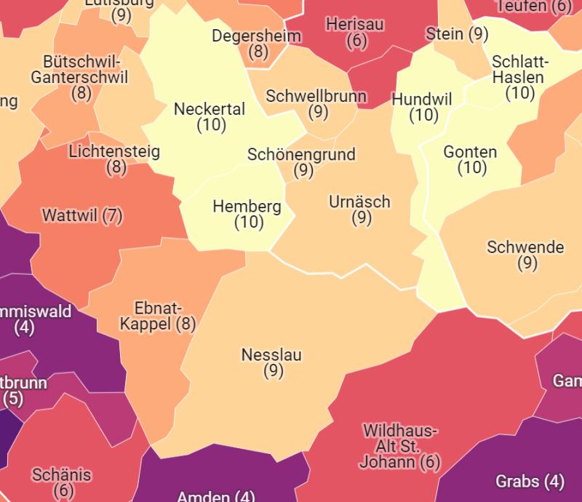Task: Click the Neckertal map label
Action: pyautogui.click(x=210, y=110)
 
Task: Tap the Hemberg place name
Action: pyautogui.click(x=247, y=207)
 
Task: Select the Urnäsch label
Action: pyautogui.click(x=359, y=202)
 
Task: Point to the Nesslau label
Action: pyautogui.click(x=271, y=356)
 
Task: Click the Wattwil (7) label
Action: pyautogui.click(x=82, y=216)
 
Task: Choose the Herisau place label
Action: pyautogui.click(x=355, y=25)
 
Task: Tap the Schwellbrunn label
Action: pyautogui.click(x=316, y=97)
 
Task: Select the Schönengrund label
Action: pyautogui.click(x=301, y=155)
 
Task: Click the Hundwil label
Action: pyautogui.click(x=422, y=100)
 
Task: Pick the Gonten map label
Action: pyautogui.click(x=470, y=153)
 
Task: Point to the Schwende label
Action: pyautogui.click(x=525, y=247)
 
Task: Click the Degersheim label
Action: pyautogui.click(x=258, y=36)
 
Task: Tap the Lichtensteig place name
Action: pyautogui.click(x=114, y=152)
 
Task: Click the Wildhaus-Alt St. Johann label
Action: pyautogui.click(x=399, y=445)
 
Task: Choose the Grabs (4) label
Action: pyautogui.click(x=530, y=481)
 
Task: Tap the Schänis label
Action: pyautogui.click(x=62, y=475)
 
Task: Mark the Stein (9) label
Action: pyautogui.click(x=457, y=33)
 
